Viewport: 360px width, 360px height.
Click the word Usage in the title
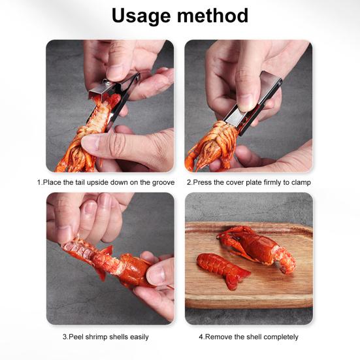click(x=142, y=16)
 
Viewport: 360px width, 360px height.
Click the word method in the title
click(x=212, y=16)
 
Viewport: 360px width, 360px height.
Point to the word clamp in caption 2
click(x=301, y=182)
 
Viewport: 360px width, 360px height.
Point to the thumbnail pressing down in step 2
click(x=245, y=102)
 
